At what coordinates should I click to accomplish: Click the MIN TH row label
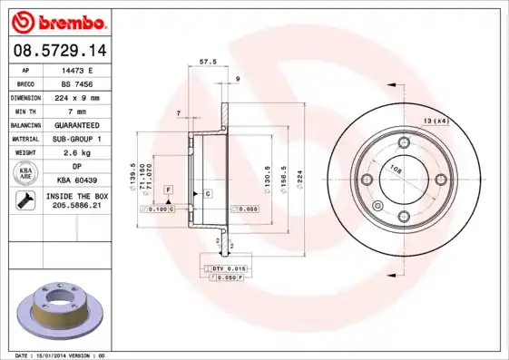point(24,110)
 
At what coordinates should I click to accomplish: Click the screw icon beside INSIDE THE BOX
point(24,201)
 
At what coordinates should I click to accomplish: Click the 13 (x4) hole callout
point(436,121)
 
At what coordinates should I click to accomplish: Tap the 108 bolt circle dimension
point(396,168)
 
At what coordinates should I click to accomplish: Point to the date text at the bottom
point(61,355)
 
